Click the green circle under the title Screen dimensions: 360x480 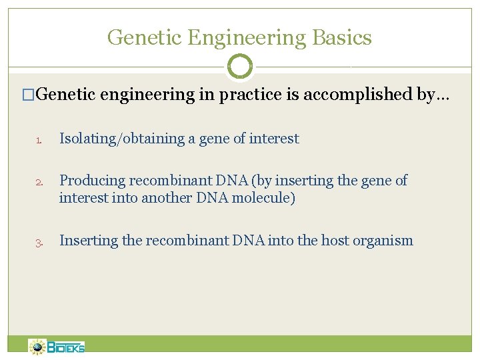coord(240,67)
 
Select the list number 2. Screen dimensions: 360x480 coord(39,182)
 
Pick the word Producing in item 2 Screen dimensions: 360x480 coord(92,181)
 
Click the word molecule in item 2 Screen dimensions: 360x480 coord(263,198)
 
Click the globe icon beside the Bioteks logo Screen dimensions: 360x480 coord(38,347)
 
